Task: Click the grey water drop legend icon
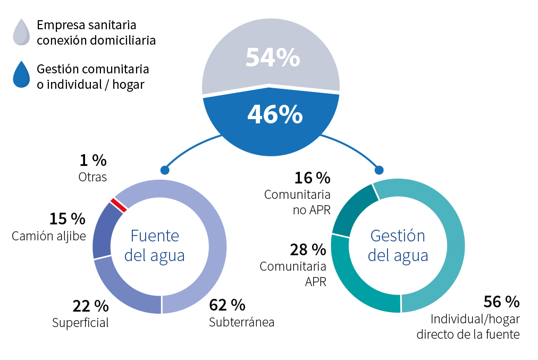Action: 21,32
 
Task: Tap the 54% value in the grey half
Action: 272,58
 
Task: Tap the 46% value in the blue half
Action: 274,114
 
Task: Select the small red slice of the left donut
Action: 118,205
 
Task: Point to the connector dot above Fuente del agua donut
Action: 164,170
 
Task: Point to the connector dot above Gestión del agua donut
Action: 379,170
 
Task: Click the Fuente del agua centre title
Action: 155,246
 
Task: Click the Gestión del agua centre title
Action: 398,245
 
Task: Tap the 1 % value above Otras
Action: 93,160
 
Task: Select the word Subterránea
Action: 241,322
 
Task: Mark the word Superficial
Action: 80,322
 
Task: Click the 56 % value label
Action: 501,302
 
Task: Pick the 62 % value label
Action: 227,305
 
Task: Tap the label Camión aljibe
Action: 49,236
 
